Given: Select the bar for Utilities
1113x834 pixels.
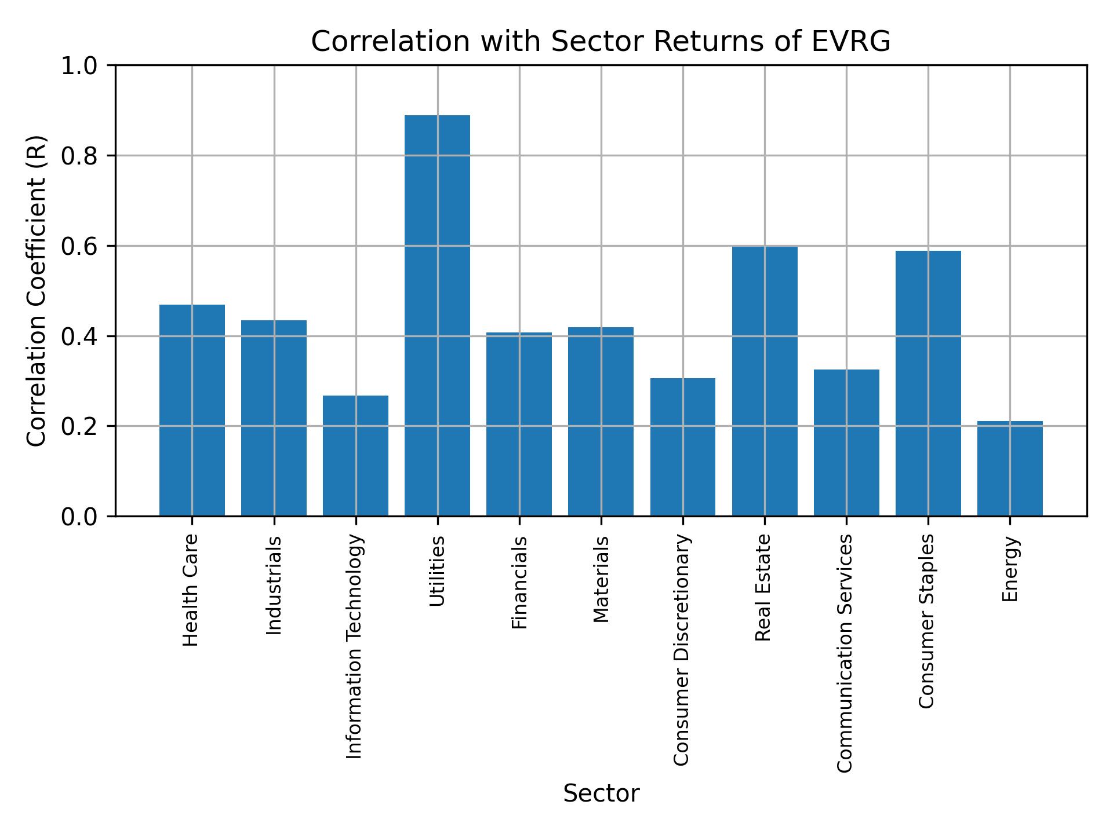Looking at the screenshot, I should click(437, 316).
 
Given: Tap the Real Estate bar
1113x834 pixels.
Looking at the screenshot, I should click(765, 381).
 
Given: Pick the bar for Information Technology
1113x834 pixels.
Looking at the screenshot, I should click(355, 456).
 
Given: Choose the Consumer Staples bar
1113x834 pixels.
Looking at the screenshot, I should click(928, 383).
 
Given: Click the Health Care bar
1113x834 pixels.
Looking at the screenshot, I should click(192, 410).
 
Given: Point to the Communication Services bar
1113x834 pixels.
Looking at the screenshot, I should click(846, 442).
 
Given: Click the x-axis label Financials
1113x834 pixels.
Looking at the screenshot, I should click(519, 582).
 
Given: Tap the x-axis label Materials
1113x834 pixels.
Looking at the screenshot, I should click(601, 579).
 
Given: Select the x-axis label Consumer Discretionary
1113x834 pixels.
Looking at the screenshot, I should click(682, 650).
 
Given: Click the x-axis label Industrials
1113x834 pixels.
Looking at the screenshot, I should click(274, 586).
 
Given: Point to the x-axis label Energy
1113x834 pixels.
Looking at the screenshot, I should click(1010, 569).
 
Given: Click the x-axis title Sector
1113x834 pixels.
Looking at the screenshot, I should click(601, 793).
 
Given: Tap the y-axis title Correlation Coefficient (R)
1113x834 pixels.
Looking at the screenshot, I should click(37, 291).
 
